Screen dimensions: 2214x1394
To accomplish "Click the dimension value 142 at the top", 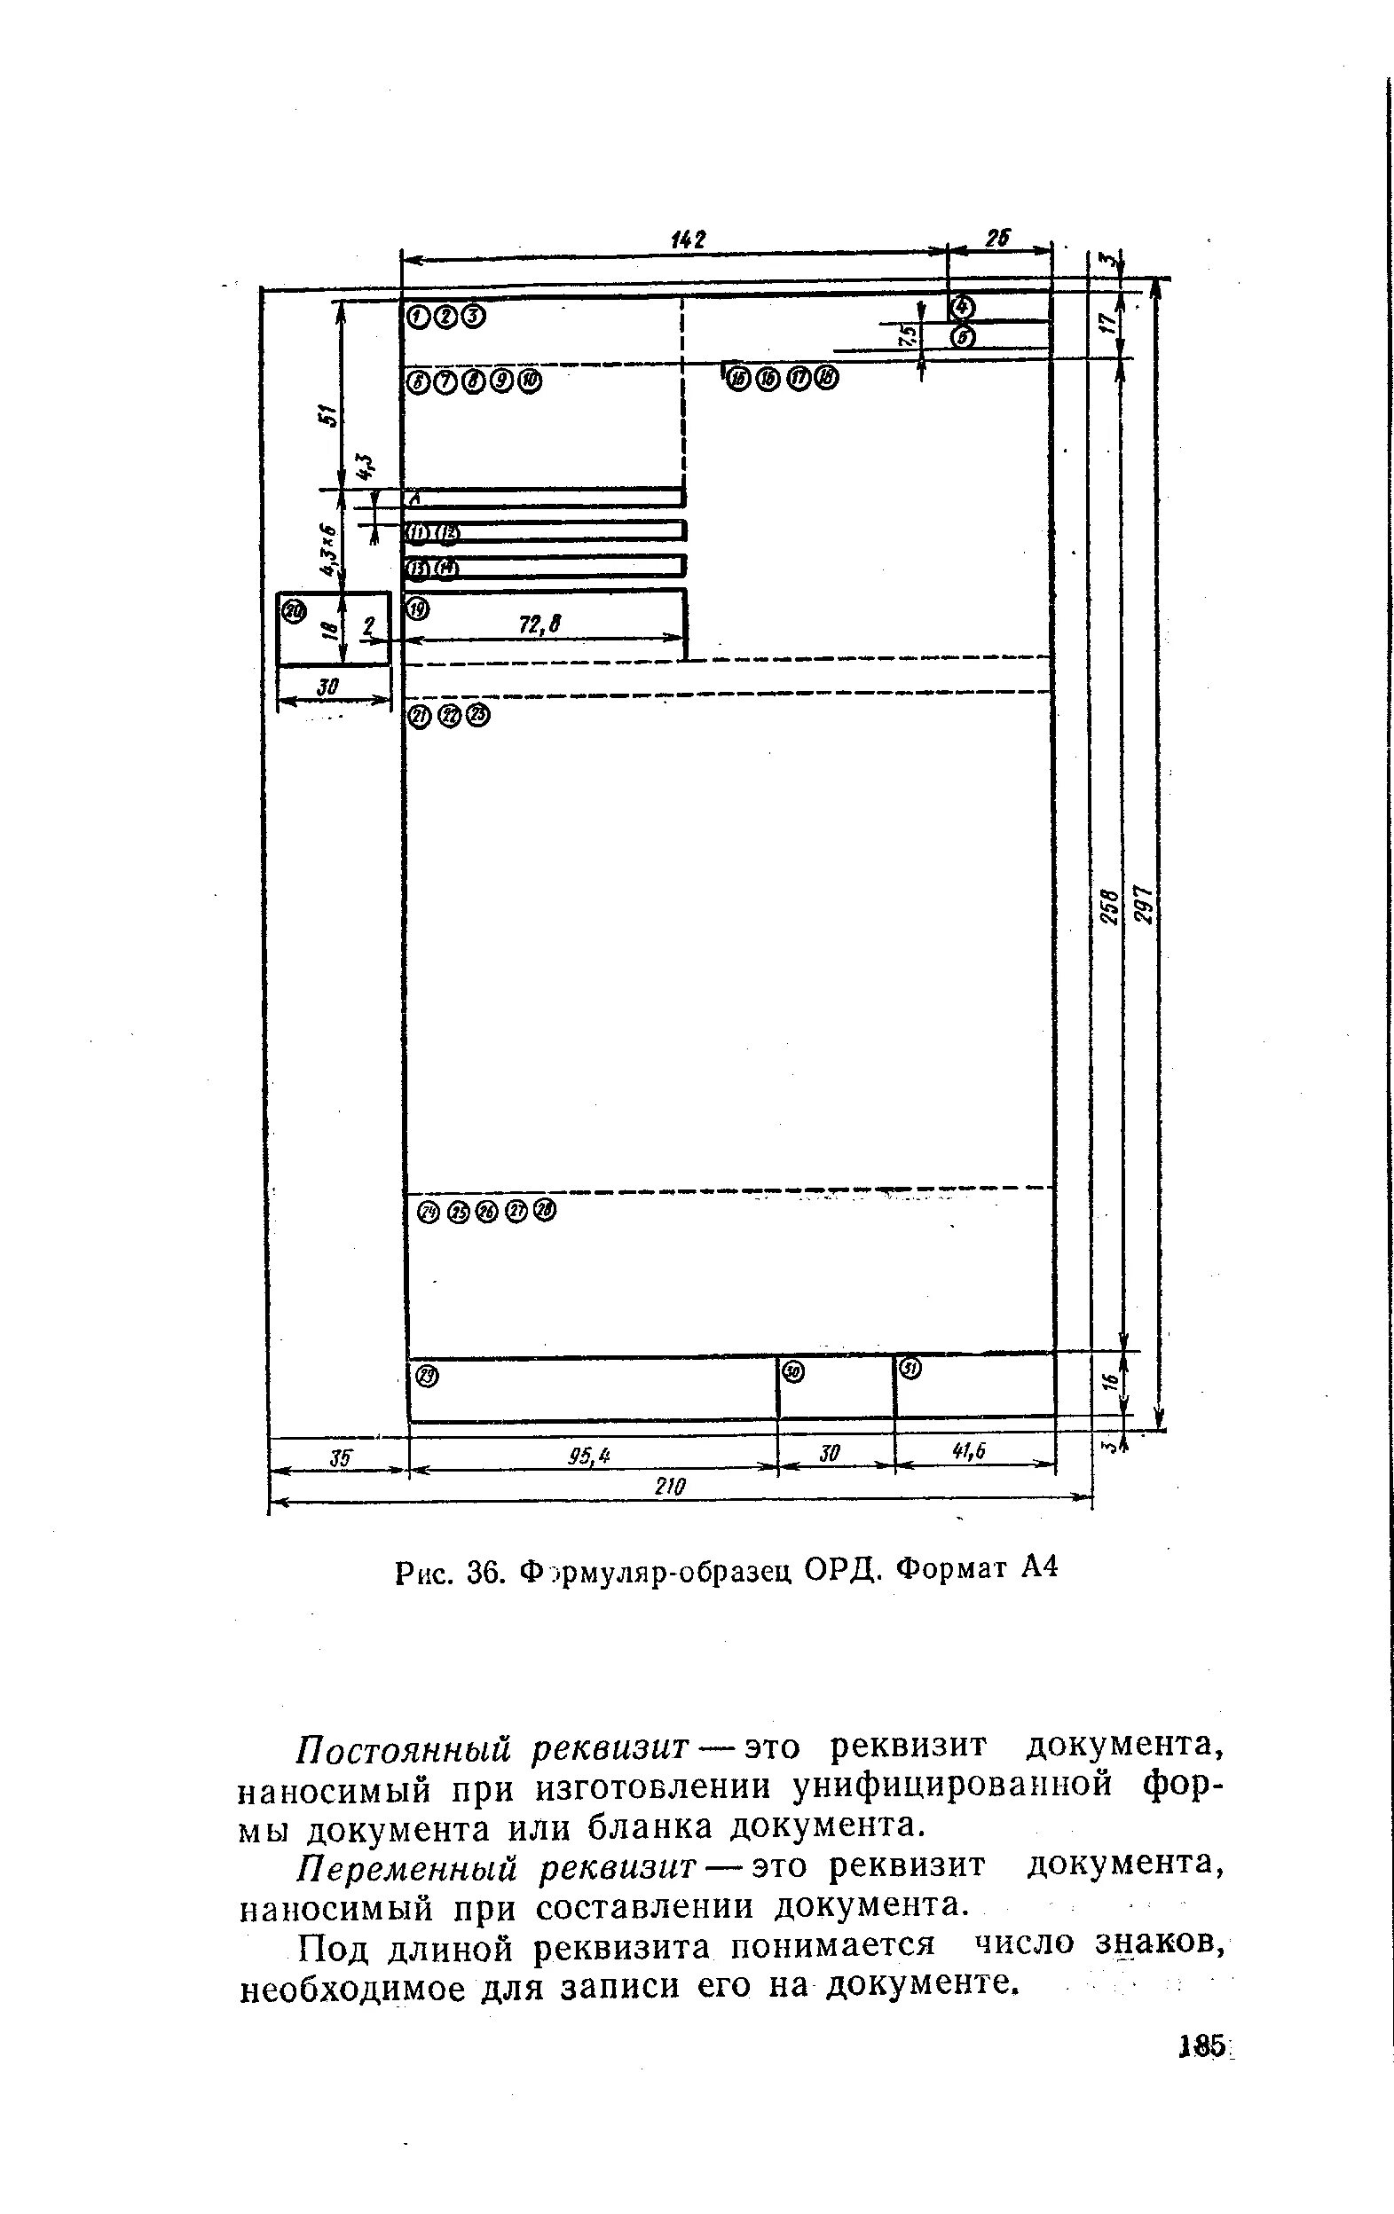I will pyautogui.click(x=688, y=240).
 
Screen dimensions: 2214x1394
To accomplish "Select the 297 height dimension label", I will pyautogui.click(x=1142, y=906).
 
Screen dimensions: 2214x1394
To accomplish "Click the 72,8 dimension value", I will pyautogui.click(x=539, y=625).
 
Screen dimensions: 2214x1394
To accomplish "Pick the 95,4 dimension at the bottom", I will pyautogui.click(x=589, y=1455).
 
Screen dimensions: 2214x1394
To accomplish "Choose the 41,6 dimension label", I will pyautogui.click(x=968, y=1451).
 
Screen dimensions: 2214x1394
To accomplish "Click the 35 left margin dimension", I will pyautogui.click(x=340, y=1456).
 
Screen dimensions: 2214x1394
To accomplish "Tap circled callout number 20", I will pyautogui.click(x=294, y=610).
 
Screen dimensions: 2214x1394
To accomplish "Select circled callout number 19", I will pyautogui.click(x=417, y=608).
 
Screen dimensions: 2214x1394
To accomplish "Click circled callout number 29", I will pyautogui.click(x=428, y=1376).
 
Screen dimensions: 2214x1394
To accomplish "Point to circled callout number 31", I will pyautogui.click(x=910, y=1369).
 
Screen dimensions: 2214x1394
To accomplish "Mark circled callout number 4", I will pyautogui.click(x=963, y=306).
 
